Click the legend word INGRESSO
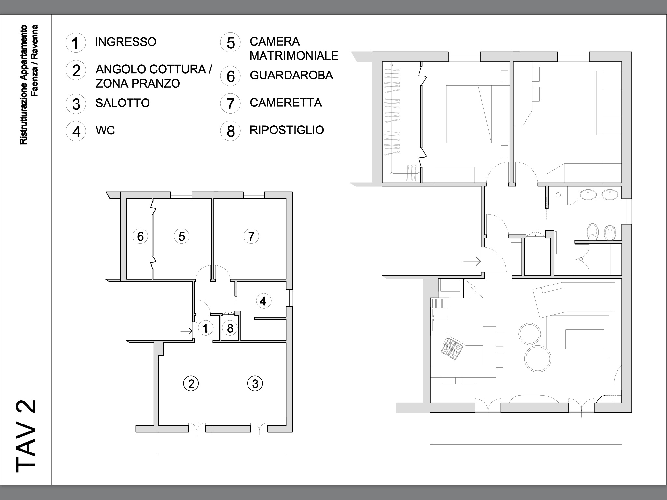click(x=126, y=42)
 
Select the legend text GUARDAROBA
click(x=291, y=75)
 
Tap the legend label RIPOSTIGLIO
click(x=287, y=130)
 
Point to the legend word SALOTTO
click(x=122, y=103)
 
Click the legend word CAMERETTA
click(x=286, y=103)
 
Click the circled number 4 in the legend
click(x=76, y=131)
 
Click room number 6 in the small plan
click(x=140, y=236)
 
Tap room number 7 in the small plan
click(x=251, y=236)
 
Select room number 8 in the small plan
click(x=230, y=328)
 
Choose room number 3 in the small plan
click(x=255, y=383)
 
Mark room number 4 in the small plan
click(x=263, y=301)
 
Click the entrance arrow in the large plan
click(x=472, y=261)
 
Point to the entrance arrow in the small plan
click(x=187, y=331)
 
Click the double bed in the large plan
click(x=477, y=114)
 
